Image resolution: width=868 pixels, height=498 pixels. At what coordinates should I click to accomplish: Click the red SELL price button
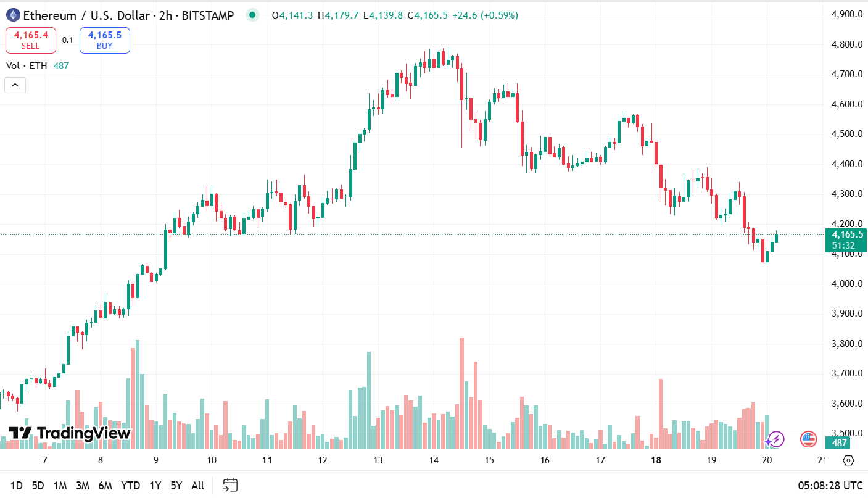click(x=30, y=40)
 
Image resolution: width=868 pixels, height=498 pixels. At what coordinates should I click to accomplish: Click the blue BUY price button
click(x=104, y=40)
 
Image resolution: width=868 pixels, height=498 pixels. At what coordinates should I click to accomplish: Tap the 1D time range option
click(x=17, y=486)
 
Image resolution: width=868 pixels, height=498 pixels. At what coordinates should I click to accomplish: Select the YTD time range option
click(x=130, y=486)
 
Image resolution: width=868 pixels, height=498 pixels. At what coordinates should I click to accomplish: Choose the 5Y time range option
click(x=176, y=486)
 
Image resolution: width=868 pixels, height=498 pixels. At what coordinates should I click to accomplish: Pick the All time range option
click(x=197, y=486)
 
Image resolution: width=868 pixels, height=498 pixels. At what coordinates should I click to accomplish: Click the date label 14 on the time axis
click(x=434, y=460)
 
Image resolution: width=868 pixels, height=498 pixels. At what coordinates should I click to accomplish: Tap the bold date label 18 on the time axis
click(x=656, y=460)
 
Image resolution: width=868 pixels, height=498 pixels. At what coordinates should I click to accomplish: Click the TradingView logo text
click(x=69, y=433)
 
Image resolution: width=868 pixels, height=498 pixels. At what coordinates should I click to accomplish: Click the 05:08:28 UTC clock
click(x=829, y=486)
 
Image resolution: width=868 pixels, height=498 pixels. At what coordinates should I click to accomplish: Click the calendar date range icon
click(x=230, y=485)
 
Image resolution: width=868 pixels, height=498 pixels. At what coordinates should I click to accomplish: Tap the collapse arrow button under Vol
click(x=15, y=85)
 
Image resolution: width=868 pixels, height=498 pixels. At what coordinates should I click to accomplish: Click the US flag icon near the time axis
click(x=808, y=439)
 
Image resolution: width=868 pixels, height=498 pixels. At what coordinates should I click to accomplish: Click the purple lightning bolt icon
click(x=775, y=439)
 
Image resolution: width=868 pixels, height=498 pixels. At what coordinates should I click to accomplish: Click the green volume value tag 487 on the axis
click(x=840, y=443)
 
